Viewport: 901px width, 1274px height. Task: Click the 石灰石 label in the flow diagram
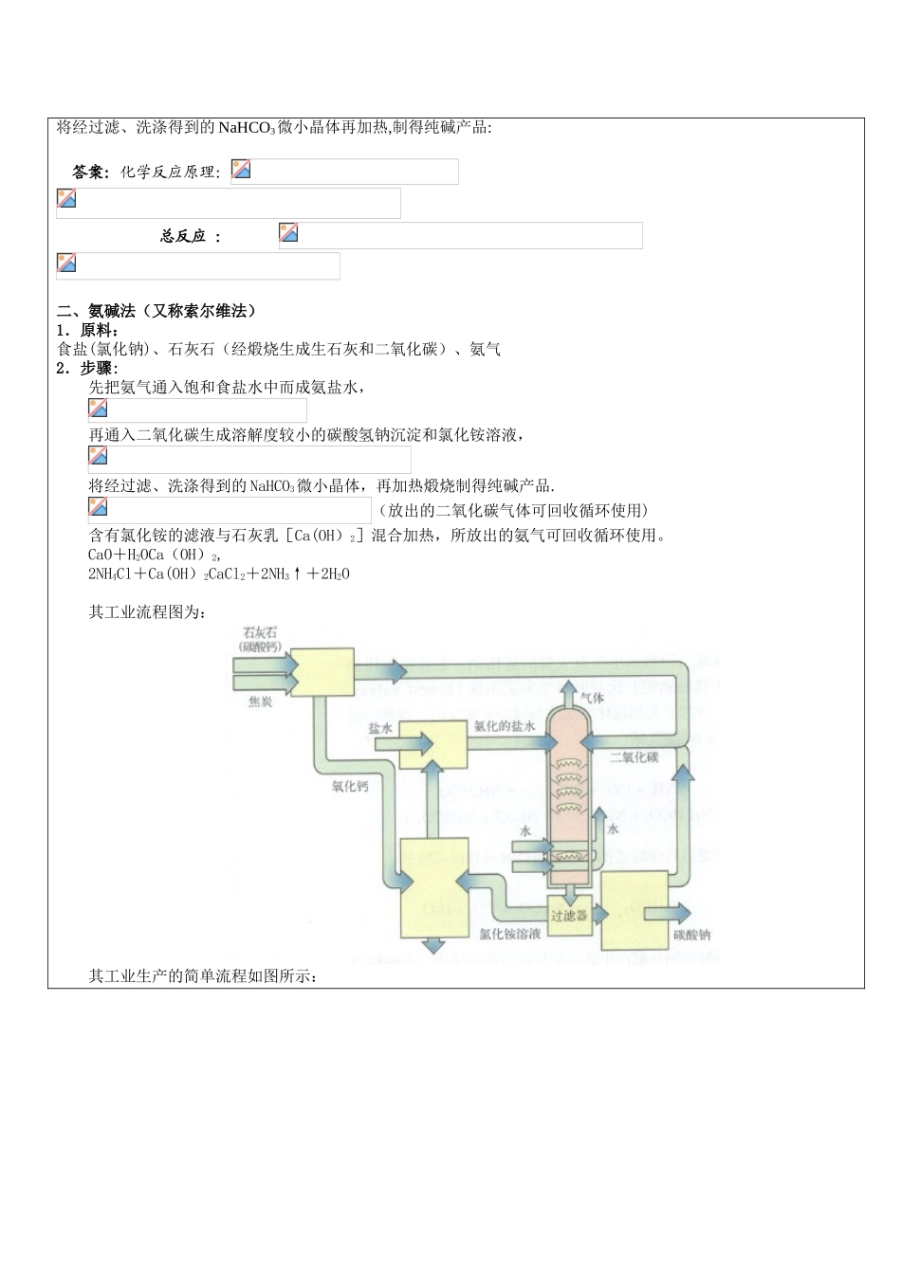coord(259,631)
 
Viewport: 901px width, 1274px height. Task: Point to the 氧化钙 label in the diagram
coord(349,786)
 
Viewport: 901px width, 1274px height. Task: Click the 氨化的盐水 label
coord(506,726)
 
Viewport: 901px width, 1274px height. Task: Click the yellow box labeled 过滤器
coord(569,916)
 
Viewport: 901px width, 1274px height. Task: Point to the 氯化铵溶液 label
coord(510,934)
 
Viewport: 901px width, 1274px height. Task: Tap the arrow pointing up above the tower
coord(569,692)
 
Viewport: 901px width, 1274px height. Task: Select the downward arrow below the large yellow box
coord(434,944)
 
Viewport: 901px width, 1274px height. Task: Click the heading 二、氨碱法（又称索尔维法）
coord(157,311)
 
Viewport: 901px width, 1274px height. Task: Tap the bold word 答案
coord(90,173)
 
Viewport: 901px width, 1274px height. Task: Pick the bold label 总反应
coord(183,236)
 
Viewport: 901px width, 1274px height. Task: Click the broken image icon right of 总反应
coord(288,232)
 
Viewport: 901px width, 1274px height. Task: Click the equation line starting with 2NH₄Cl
coord(219,573)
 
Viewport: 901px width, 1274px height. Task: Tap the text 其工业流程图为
coord(148,612)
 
